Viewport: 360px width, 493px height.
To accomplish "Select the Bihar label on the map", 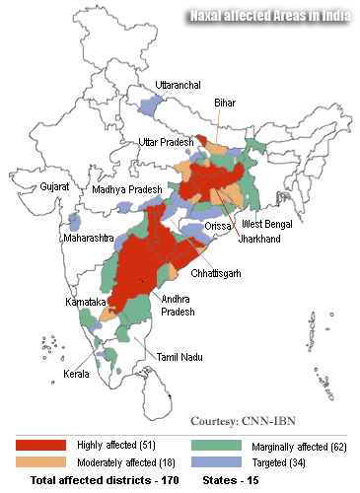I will tap(226, 102).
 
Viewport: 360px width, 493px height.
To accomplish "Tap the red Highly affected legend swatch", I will tap(39, 447).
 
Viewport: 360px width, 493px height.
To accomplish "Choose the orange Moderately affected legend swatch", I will tap(39, 461).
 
